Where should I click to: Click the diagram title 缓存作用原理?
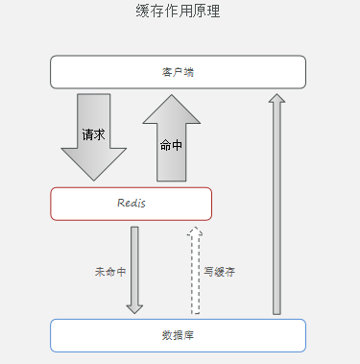click(x=180, y=12)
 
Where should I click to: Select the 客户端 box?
click(x=178, y=72)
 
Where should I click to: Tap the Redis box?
click(x=131, y=204)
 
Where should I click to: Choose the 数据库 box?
click(x=178, y=335)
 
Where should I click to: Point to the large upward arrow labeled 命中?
click(x=172, y=144)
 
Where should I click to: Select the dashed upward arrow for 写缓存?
click(x=195, y=274)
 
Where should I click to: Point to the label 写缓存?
click(x=219, y=272)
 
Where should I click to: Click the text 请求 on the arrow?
click(x=93, y=135)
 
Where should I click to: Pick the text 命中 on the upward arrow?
click(x=171, y=146)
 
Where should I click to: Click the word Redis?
click(x=131, y=204)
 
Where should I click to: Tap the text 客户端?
click(x=178, y=72)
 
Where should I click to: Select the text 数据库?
click(x=178, y=335)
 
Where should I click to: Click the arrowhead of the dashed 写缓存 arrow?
click(x=195, y=231)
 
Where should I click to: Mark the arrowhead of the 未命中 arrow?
click(x=134, y=308)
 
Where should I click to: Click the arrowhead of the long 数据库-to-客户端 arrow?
click(x=276, y=98)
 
